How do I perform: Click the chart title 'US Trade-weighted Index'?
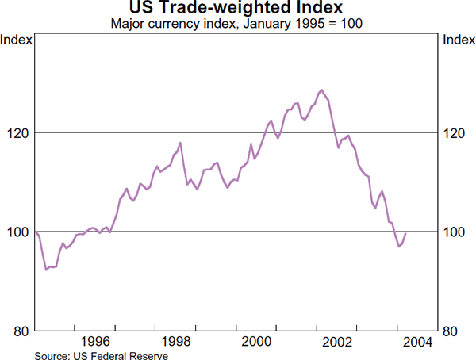point(237,9)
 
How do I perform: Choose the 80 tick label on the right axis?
point(455,331)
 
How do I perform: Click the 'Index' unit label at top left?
point(17,39)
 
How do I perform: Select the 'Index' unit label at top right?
point(459,39)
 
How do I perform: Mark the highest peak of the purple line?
point(321,90)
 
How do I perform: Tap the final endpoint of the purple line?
point(406,233)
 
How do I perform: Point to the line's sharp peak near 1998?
point(181,143)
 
